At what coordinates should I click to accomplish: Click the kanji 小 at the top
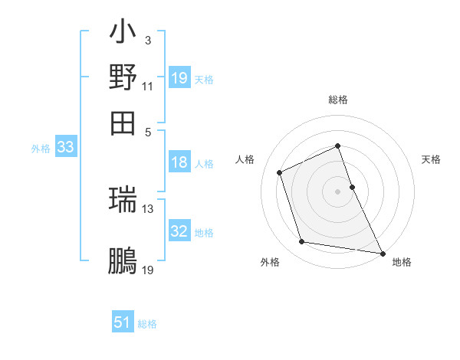click(x=123, y=34)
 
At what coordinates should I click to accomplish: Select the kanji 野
click(x=123, y=77)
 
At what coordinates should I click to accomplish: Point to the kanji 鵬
click(x=123, y=261)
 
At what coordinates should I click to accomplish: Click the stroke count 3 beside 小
click(x=147, y=40)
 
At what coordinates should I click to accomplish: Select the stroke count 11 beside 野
click(x=148, y=86)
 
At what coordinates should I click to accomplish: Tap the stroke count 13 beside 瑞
click(x=148, y=208)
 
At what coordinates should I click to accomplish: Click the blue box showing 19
click(x=179, y=78)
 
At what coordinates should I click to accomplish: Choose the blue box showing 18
click(x=179, y=162)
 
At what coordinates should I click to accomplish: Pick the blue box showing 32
click(x=179, y=231)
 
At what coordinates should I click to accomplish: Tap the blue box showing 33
click(x=65, y=148)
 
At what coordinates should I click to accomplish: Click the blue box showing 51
click(x=123, y=322)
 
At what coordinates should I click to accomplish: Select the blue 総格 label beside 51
click(x=147, y=324)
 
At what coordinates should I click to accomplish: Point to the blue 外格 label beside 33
click(x=41, y=149)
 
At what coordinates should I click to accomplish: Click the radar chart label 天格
click(x=431, y=159)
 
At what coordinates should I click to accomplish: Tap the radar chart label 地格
click(x=402, y=262)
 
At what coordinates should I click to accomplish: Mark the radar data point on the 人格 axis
click(x=280, y=172)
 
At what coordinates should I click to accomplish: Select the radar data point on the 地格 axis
click(x=382, y=252)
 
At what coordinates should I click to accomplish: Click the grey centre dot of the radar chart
click(x=337, y=191)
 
